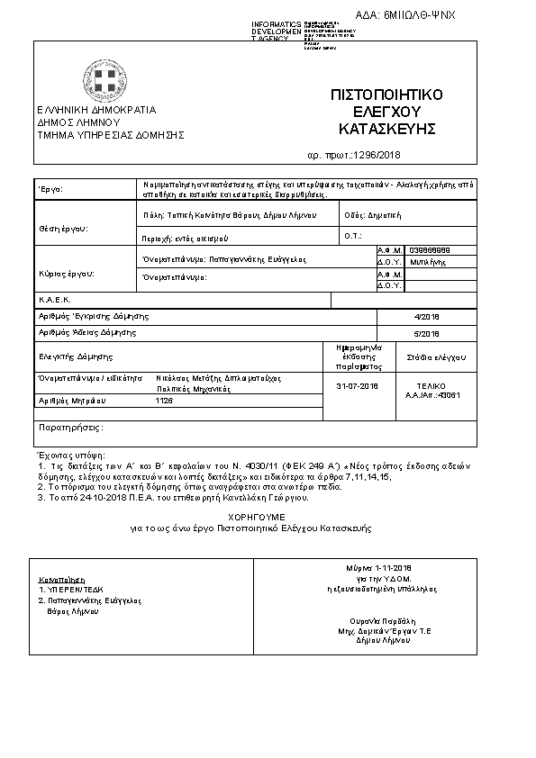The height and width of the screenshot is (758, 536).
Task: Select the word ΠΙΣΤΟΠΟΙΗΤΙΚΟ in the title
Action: click(x=386, y=95)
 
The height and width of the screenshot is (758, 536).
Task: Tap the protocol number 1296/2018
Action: click(x=376, y=155)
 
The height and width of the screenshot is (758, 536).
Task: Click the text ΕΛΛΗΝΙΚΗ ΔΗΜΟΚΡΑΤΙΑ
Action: click(x=96, y=110)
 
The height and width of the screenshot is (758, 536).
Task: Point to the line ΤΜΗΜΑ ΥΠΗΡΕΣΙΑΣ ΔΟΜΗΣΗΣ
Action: click(x=110, y=134)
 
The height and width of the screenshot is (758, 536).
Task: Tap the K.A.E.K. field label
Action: click(x=55, y=299)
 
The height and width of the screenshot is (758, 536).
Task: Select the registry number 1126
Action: click(x=164, y=400)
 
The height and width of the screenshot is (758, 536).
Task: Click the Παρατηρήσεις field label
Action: click(x=68, y=427)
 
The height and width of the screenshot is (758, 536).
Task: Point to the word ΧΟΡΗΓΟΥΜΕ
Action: click(x=258, y=516)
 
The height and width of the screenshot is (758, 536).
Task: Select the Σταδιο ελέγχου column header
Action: click(x=436, y=356)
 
